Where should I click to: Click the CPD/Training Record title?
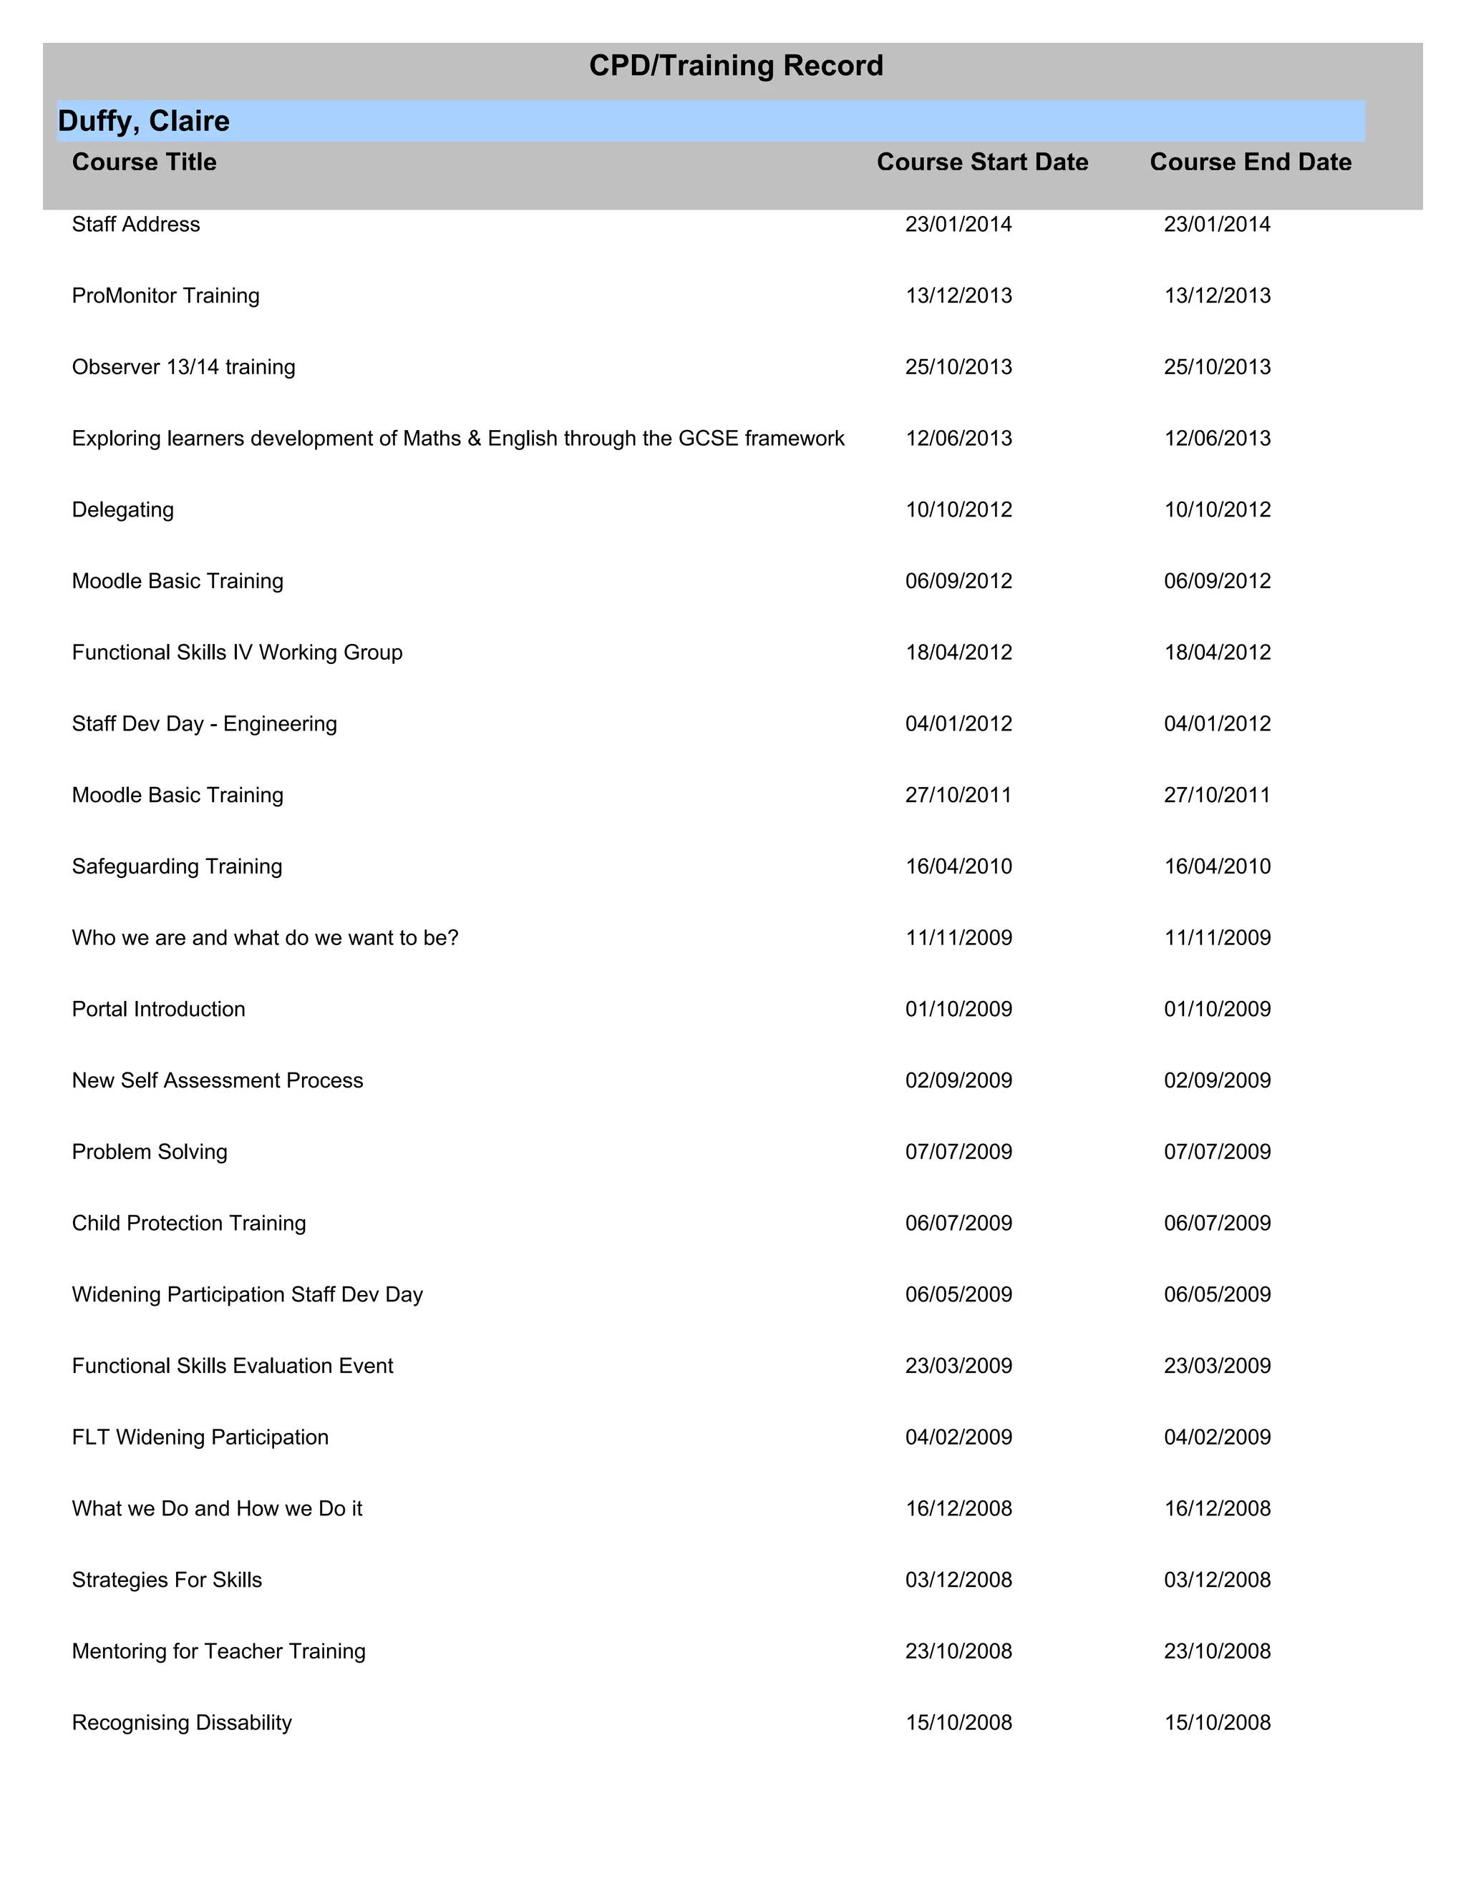click(x=736, y=66)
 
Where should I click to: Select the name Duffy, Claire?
click(x=143, y=121)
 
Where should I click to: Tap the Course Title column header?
click(x=144, y=162)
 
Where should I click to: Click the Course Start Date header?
click(x=982, y=162)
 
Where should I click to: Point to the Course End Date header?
click(x=1250, y=162)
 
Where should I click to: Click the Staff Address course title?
click(x=135, y=225)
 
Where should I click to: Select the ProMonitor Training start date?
click(x=958, y=296)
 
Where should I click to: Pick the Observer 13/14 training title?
click(x=183, y=367)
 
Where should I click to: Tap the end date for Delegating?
click(x=1217, y=509)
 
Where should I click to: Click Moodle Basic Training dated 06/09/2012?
click(x=178, y=581)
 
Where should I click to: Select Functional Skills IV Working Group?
click(x=237, y=653)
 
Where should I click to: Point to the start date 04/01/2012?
click(x=958, y=724)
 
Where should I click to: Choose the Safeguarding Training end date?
click(x=1217, y=866)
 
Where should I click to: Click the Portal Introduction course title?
click(x=158, y=1009)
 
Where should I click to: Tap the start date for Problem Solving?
click(x=958, y=1152)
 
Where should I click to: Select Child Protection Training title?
click(x=188, y=1223)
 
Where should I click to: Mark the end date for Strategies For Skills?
click(x=1217, y=1580)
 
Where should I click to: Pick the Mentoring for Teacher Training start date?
click(x=958, y=1651)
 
